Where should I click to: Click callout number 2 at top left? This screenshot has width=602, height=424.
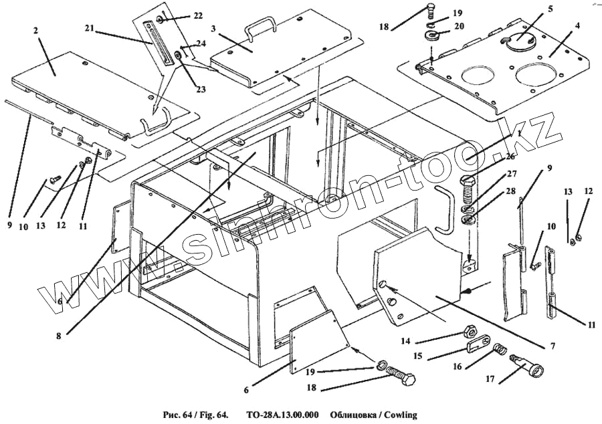(x=35, y=31)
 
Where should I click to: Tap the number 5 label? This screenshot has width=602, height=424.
(x=550, y=10)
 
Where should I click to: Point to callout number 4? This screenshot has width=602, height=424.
(x=577, y=25)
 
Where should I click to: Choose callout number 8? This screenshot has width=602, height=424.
(x=60, y=336)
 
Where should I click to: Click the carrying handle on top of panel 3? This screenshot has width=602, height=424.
(x=260, y=28)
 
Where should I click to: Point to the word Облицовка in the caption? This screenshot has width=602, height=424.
(x=351, y=415)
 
